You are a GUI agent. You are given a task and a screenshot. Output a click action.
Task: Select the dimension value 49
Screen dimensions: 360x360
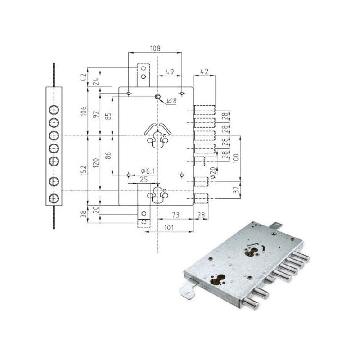[x=170, y=72]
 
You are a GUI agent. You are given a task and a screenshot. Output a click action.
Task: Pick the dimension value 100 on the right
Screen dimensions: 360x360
[x=237, y=158]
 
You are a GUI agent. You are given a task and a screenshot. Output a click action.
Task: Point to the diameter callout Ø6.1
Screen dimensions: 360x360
[x=148, y=171]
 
